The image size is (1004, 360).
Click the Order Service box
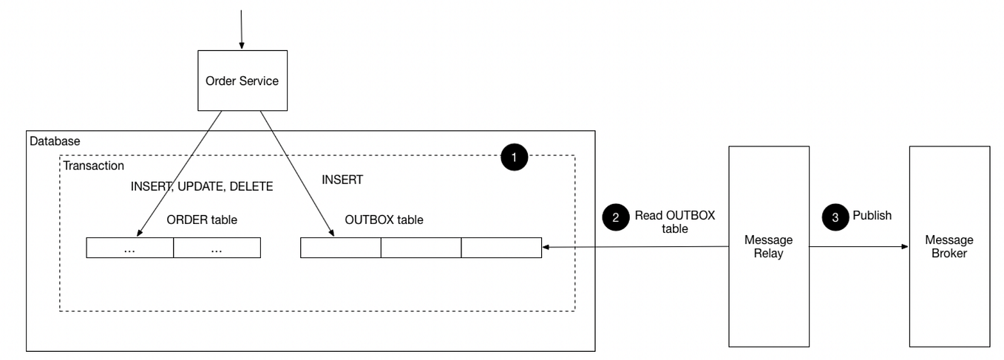pos(242,81)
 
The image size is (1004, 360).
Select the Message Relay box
pos(769,246)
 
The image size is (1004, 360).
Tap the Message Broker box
pos(949,246)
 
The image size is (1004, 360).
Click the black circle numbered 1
pos(514,157)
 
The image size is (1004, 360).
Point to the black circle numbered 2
pos(616,217)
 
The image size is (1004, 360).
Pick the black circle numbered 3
pos(835,217)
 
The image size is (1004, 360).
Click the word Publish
pos(872,216)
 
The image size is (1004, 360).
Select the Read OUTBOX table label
pos(675,222)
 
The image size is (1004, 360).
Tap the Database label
pos(55,141)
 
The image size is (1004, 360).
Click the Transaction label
pos(93,166)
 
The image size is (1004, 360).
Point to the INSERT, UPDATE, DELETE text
pos(202,186)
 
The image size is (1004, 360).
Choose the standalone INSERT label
pos(342,180)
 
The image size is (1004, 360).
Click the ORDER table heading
pos(202,220)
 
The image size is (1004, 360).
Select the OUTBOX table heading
pos(384,220)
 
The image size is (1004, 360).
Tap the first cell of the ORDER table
pos(129,248)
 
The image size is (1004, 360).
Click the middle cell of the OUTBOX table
pos(421,248)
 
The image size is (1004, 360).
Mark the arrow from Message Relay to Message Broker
pos(859,246)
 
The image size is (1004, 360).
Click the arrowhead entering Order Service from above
pos(242,46)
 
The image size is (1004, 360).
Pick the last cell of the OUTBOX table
pos(501,248)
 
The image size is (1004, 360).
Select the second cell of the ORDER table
pos(217,248)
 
